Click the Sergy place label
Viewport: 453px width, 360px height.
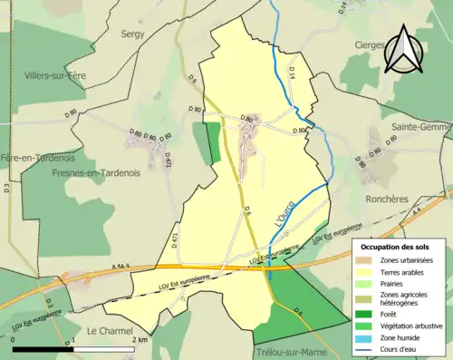(x=133, y=33)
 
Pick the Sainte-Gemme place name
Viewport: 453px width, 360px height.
(x=422, y=127)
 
